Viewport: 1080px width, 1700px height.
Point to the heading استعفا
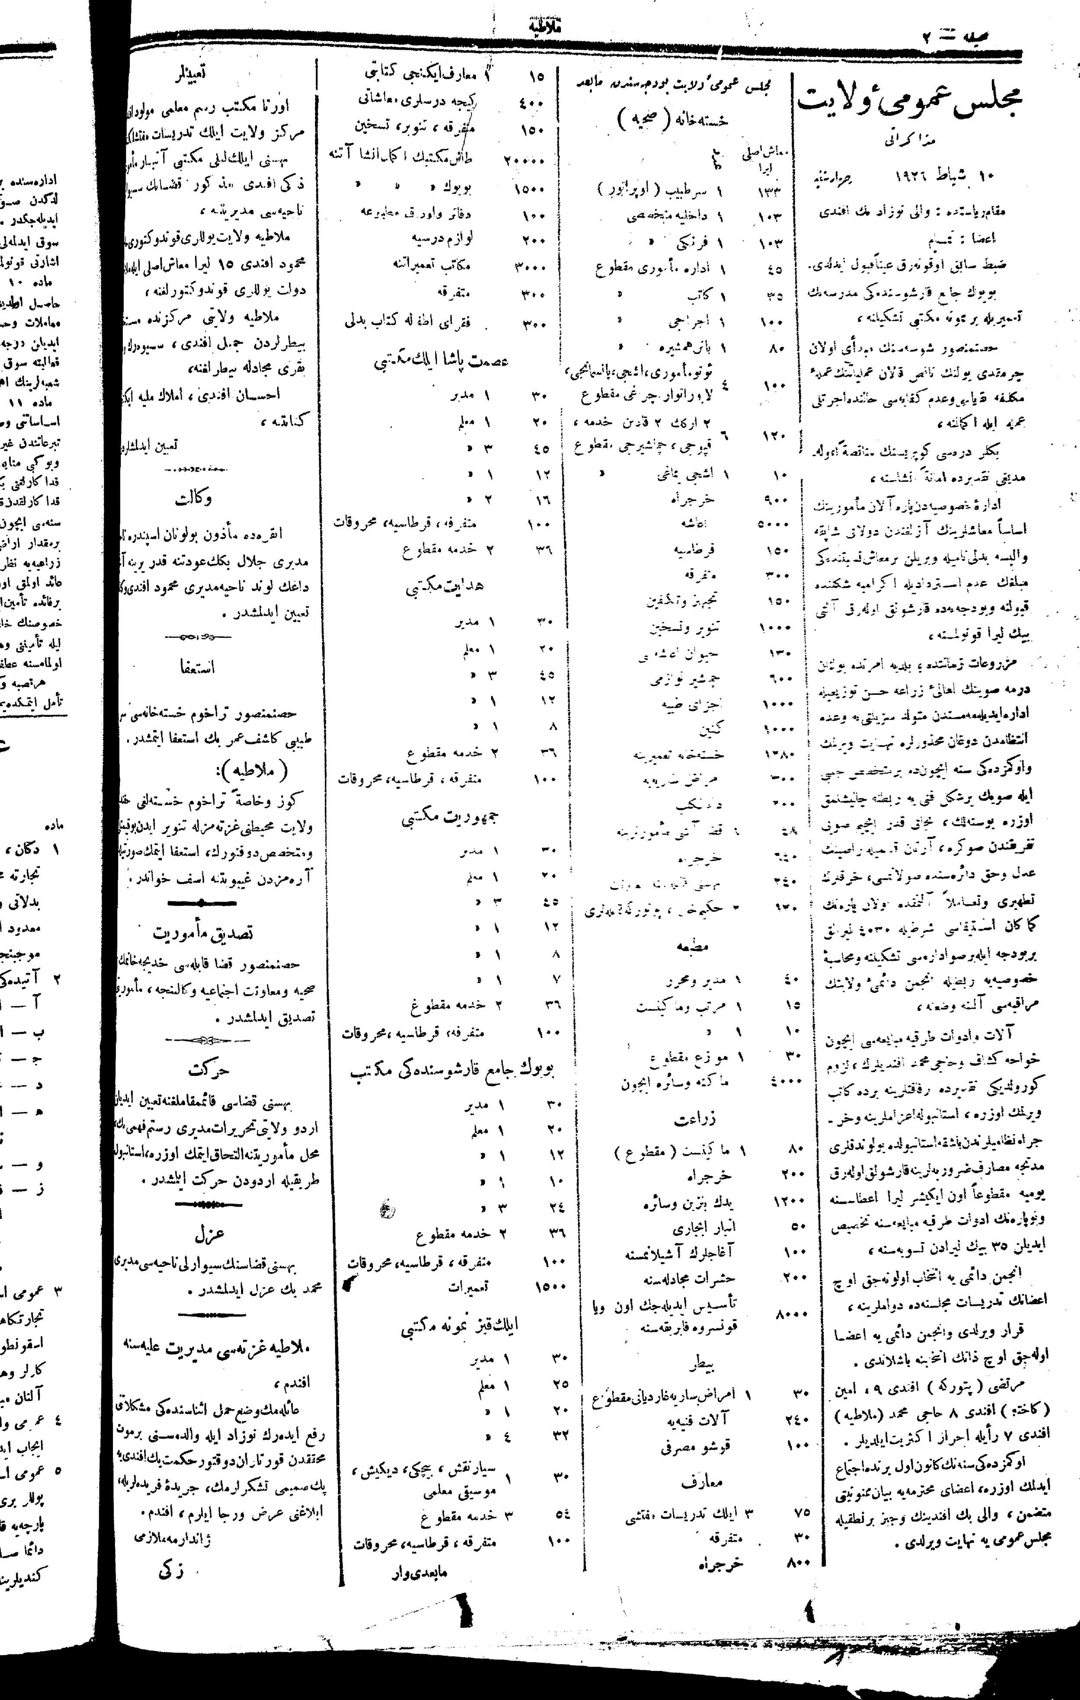198,666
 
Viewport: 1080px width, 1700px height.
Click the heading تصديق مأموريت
202,932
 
